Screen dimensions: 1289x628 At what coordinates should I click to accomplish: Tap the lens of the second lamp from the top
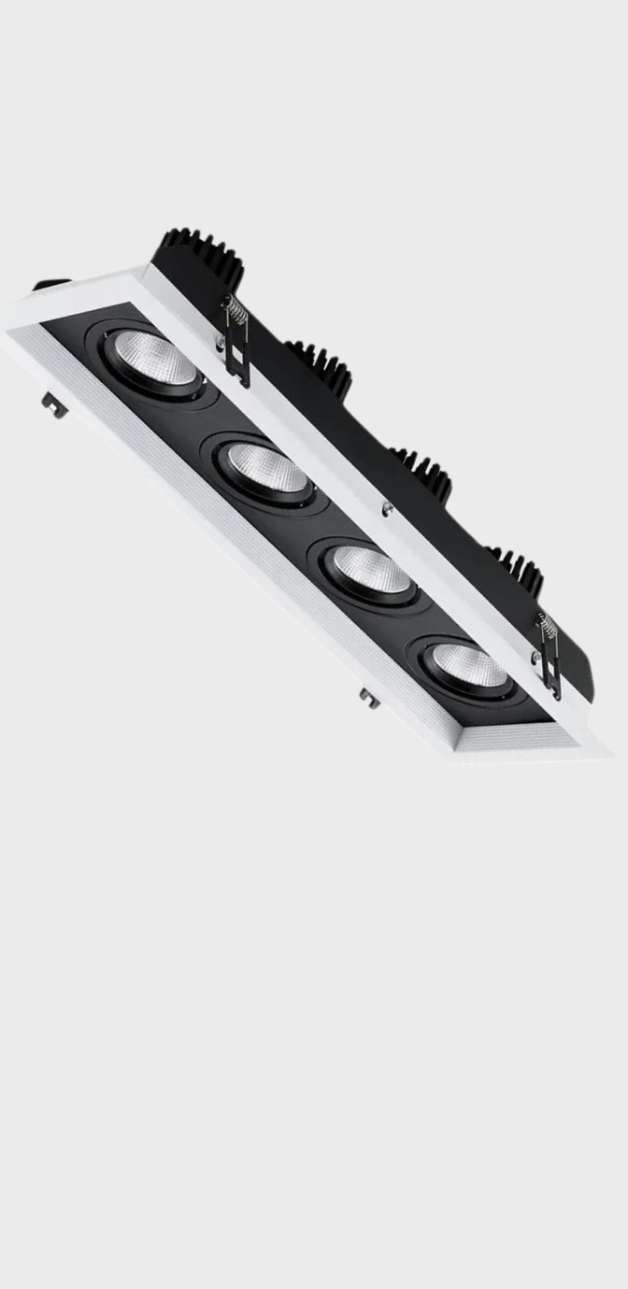(x=267, y=468)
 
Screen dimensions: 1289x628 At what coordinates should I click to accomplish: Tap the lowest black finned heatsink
(x=515, y=566)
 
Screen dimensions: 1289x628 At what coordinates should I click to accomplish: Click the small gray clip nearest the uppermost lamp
(x=53, y=404)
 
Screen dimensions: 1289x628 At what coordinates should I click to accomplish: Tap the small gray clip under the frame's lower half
(x=369, y=697)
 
